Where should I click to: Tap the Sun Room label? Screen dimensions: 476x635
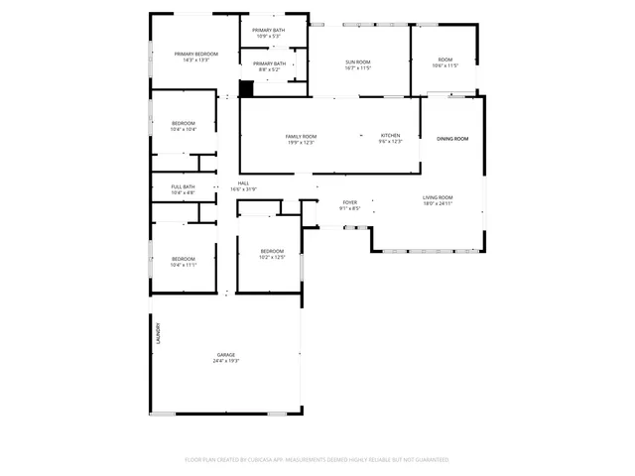[357, 61]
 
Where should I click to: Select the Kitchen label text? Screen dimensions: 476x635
[391, 135]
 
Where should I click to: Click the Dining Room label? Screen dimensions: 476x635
[452, 138]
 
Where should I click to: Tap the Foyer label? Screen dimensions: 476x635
[350, 202]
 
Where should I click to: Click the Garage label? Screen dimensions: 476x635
[226, 354]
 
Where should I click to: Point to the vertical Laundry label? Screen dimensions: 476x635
[157, 332]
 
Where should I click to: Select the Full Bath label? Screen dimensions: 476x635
[183, 186]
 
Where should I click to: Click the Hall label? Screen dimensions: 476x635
[243, 183]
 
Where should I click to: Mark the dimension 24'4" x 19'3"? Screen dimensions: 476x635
[226, 361]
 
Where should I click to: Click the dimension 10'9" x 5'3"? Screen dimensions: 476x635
[268, 37]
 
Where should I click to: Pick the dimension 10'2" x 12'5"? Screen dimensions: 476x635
[273, 258]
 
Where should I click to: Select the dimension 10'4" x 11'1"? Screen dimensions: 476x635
[184, 265]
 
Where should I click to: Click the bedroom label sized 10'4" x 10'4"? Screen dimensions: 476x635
[184, 123]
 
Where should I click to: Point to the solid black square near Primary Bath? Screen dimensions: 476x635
[247, 88]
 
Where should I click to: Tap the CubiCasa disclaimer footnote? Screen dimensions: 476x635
[317, 460]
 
